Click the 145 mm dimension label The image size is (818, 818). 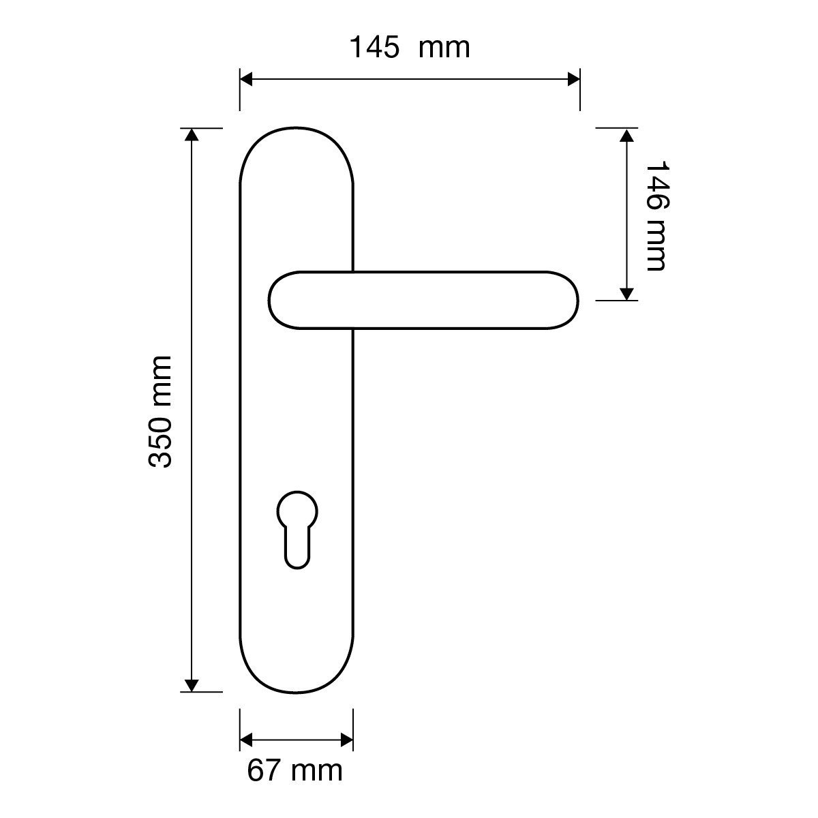(x=410, y=47)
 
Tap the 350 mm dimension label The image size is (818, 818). (x=160, y=412)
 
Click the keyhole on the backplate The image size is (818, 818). (x=297, y=530)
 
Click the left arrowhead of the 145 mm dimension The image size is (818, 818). (x=246, y=79)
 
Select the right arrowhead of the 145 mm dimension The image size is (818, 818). (x=574, y=79)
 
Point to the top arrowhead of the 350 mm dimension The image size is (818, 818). (x=192, y=134)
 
